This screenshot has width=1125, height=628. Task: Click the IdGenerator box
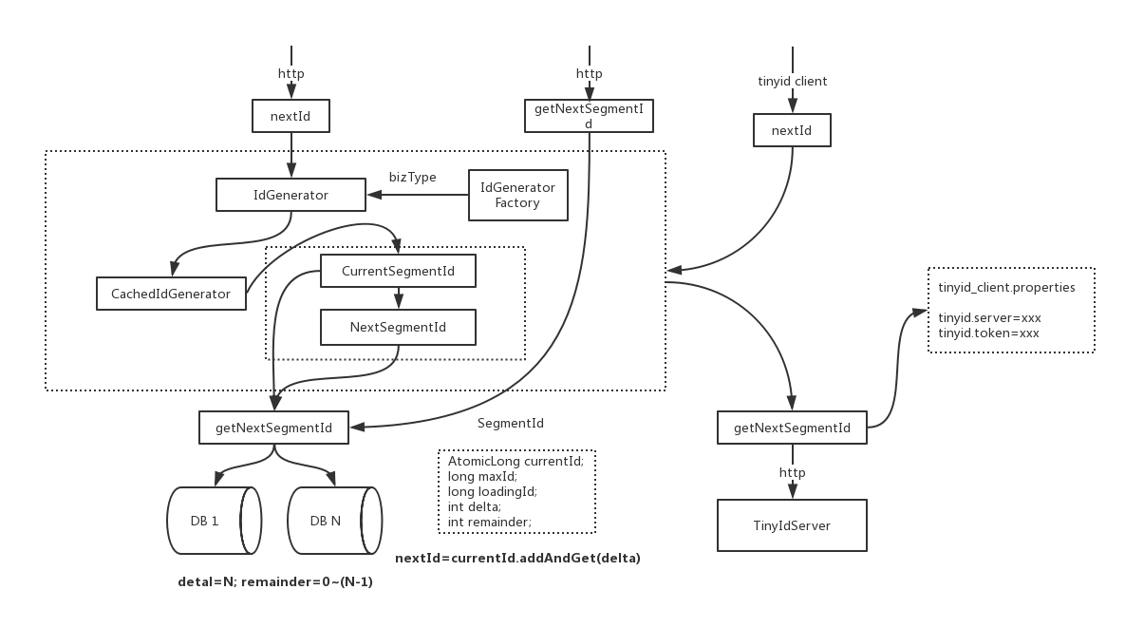[x=291, y=196]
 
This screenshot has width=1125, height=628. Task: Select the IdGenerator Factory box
[x=517, y=195]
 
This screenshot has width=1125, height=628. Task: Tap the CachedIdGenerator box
[x=171, y=294]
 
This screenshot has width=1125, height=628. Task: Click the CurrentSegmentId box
[x=398, y=272]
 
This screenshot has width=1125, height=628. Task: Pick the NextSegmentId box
[x=398, y=327]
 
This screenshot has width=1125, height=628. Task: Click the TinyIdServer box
[x=792, y=525]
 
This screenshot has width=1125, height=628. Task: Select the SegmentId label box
[x=511, y=423]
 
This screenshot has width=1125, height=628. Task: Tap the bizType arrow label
[x=413, y=177]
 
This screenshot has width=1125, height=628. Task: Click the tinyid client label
[x=792, y=82]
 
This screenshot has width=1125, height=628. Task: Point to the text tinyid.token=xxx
[x=988, y=333]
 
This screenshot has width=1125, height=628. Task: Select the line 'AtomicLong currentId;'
[x=516, y=461]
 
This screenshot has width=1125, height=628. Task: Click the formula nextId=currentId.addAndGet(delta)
[x=517, y=558]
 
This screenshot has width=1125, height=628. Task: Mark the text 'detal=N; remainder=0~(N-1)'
[x=274, y=581]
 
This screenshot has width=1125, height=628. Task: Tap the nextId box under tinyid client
[x=792, y=131]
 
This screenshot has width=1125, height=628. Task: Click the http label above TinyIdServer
[x=792, y=472]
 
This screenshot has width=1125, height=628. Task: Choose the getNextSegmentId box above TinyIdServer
[x=792, y=428]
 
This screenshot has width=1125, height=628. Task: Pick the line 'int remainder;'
[x=489, y=522]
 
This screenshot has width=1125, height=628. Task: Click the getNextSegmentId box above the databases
[x=273, y=428]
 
